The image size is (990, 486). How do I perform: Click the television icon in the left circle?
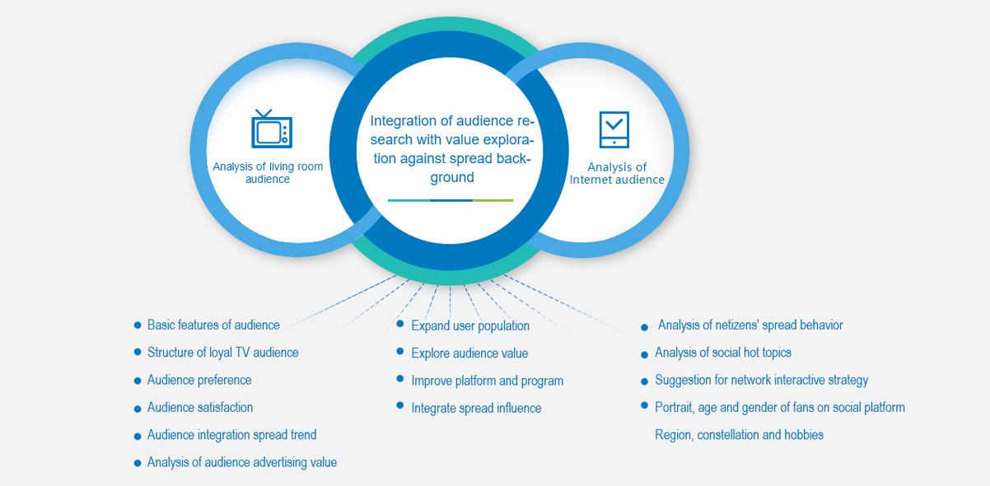tap(272, 129)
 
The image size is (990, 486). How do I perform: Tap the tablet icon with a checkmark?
tap(614, 129)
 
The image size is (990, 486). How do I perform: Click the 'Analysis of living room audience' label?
tap(268, 173)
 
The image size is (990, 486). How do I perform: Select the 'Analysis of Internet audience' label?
tap(617, 173)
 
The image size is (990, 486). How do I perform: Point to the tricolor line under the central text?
tap(451, 200)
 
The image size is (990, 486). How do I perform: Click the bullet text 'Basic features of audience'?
tap(213, 325)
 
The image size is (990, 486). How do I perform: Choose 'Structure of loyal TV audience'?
tap(222, 353)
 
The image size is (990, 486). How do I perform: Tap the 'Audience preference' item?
tap(199, 381)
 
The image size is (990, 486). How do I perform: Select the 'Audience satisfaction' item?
tap(200, 408)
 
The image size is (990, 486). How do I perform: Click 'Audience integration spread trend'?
tap(231, 435)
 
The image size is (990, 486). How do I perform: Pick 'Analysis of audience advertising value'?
tap(242, 463)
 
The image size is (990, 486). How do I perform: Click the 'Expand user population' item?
tap(470, 326)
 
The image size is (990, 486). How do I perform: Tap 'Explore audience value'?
tap(469, 353)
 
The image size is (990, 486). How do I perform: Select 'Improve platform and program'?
tap(487, 381)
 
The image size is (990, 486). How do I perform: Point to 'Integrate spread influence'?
tap(476, 408)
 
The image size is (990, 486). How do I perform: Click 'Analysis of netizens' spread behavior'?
tap(750, 325)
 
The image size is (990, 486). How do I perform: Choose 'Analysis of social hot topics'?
tap(723, 353)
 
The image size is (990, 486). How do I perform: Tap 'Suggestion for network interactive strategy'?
tap(761, 381)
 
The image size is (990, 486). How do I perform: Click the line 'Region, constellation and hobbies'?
tap(739, 435)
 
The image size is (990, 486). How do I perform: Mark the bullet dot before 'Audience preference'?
tap(138, 381)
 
